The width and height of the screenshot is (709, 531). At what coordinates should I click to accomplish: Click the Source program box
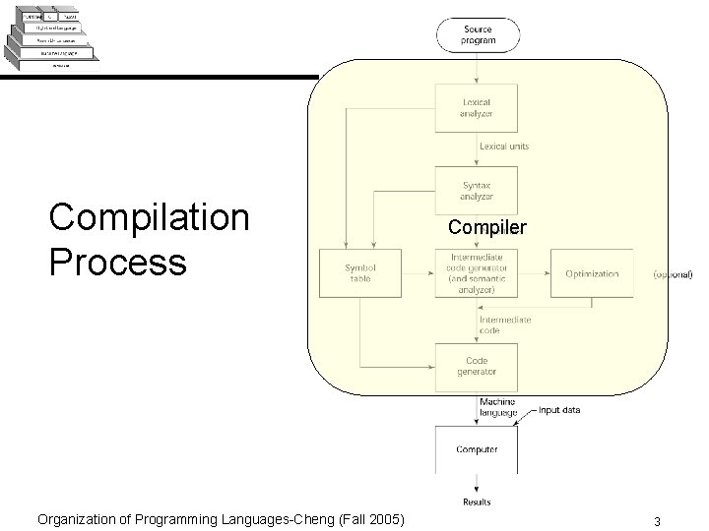point(478,35)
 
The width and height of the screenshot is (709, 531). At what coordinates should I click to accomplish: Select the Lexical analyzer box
point(478,107)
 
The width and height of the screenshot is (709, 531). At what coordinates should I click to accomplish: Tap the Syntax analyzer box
point(478,190)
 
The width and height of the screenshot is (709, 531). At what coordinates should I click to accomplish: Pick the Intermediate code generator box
point(478,273)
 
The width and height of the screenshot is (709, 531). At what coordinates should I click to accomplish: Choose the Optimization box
point(592,273)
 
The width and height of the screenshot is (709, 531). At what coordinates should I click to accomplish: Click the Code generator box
point(478,366)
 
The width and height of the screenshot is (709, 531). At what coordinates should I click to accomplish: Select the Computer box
point(478,449)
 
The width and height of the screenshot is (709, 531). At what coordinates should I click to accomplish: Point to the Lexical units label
point(504,147)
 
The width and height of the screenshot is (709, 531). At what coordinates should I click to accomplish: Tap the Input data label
point(559,409)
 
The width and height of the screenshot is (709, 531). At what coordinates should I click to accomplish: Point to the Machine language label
point(498,407)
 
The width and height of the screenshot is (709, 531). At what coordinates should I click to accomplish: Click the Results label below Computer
point(478,502)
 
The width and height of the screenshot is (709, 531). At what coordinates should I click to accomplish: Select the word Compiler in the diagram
point(486,227)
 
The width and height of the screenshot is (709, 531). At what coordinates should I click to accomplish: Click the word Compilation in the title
point(150,217)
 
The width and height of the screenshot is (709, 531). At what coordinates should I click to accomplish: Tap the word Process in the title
point(117,262)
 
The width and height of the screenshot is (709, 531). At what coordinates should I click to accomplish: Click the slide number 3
point(670,520)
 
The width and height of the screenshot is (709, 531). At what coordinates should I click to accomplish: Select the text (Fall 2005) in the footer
point(367,519)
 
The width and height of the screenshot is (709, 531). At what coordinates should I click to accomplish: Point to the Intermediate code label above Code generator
point(505,325)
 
